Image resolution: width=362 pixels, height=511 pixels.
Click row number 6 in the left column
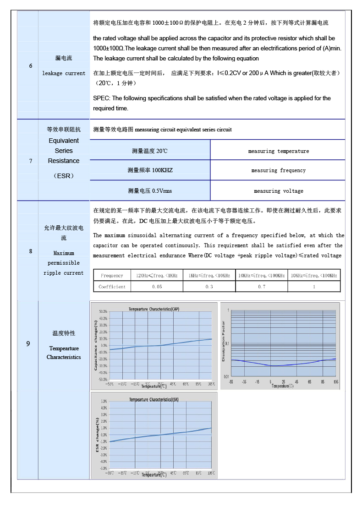(31, 66)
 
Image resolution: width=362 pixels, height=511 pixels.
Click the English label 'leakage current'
(64, 73)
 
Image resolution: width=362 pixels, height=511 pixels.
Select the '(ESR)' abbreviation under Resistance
(64, 175)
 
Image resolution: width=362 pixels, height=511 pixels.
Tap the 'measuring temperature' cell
(278, 151)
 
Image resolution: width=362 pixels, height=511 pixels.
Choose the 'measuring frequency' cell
(278, 170)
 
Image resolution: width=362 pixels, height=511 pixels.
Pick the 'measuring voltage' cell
(278, 191)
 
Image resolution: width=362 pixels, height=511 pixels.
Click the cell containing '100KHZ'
(150, 170)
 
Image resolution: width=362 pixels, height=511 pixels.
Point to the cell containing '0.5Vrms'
(150, 191)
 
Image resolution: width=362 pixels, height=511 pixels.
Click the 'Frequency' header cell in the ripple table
(112, 276)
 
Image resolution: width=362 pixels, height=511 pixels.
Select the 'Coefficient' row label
(112, 287)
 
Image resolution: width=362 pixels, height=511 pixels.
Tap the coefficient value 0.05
(157, 287)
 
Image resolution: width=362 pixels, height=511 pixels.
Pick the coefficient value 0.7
(261, 287)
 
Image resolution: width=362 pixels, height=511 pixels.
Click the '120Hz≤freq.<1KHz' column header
(157, 276)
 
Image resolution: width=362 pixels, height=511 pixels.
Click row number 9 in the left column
(28, 343)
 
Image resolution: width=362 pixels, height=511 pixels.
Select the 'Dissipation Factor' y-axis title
(224, 341)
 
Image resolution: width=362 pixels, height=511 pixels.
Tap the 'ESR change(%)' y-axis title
(97, 435)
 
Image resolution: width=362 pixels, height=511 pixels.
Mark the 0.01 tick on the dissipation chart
(226, 376)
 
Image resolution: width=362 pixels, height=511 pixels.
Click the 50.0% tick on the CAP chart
(104, 311)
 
